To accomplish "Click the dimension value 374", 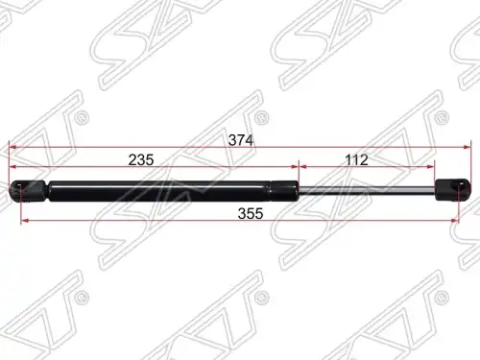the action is pyautogui.click(x=241, y=140).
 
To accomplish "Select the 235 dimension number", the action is pyautogui.click(x=141, y=159).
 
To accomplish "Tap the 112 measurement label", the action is pyautogui.click(x=357, y=159).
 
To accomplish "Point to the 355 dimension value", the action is pyautogui.click(x=251, y=213).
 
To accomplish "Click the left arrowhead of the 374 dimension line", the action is pyautogui.click(x=12, y=147).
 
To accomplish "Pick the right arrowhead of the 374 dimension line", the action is pyautogui.click(x=468, y=147).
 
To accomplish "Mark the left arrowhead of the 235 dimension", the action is pyautogui.click(x=12, y=167).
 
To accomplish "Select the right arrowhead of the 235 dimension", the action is pyautogui.click(x=295, y=167).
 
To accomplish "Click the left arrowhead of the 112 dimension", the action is pyautogui.click(x=302, y=167).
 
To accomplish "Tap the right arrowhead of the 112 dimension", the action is pyautogui.click(x=431, y=167).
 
